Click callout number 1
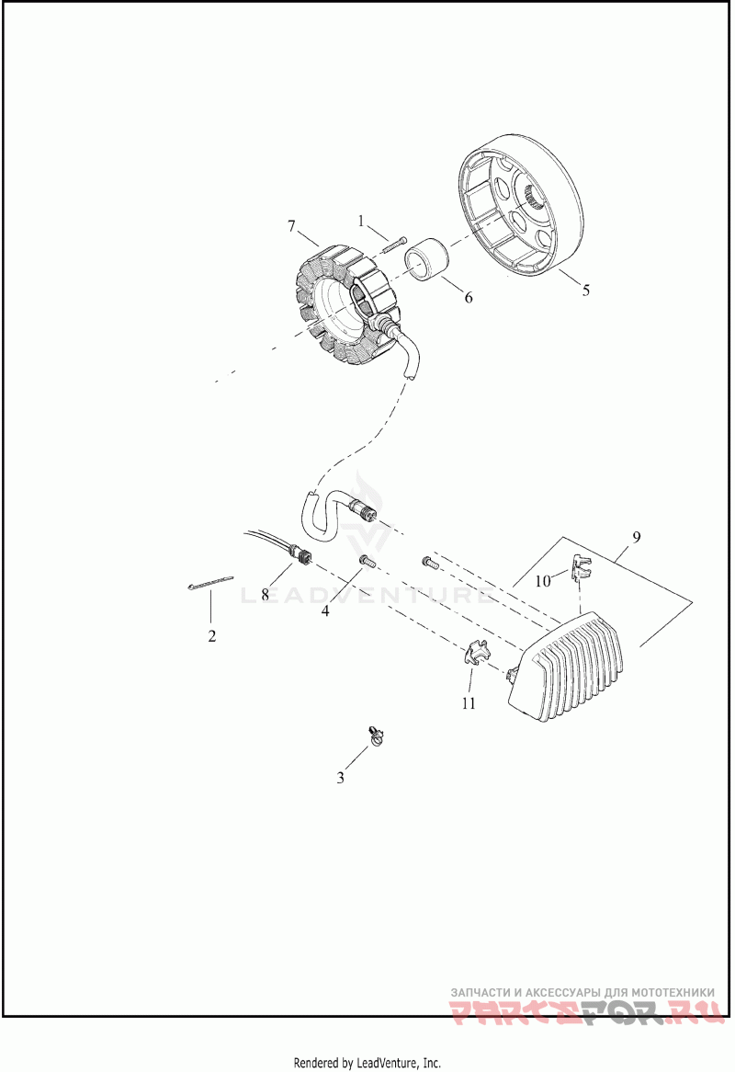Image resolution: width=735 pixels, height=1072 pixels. click(x=361, y=221)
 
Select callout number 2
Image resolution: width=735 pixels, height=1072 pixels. click(x=211, y=635)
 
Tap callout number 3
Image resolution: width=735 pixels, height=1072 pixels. click(x=340, y=778)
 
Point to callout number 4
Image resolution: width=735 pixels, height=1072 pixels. click(x=325, y=611)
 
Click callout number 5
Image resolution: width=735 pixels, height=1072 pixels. click(x=585, y=291)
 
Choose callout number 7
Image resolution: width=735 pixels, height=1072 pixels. click(x=291, y=225)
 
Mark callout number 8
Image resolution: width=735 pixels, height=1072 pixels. click(x=265, y=595)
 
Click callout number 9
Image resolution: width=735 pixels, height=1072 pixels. click(x=636, y=535)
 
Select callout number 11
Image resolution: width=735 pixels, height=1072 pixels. click(x=469, y=703)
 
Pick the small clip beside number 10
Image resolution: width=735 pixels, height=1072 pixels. click(x=580, y=566)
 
